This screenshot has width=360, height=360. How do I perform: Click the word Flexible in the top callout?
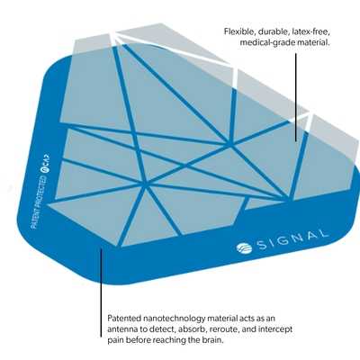coord(237,31)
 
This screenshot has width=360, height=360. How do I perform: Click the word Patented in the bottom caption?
coord(122,319)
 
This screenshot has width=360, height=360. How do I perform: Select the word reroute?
coord(220,329)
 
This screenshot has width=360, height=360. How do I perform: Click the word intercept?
coord(274,329)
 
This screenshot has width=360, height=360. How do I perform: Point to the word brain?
coord(213,340)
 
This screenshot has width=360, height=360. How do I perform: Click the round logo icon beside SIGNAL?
coord(244,247)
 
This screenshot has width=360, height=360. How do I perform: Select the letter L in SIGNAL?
coord(322,233)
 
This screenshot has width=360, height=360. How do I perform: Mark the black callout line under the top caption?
coord(296,97)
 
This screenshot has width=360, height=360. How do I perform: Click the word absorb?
coord(191,329)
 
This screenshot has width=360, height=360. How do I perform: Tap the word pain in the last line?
coord(114,340)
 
